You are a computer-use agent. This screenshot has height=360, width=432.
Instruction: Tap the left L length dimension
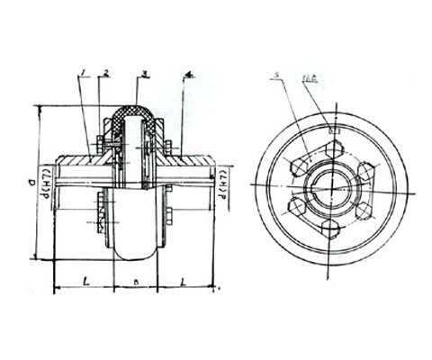84,282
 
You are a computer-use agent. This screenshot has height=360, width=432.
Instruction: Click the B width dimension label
135,283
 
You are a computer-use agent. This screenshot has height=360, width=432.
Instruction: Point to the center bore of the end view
332,183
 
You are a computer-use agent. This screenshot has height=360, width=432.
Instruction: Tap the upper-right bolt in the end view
365,167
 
